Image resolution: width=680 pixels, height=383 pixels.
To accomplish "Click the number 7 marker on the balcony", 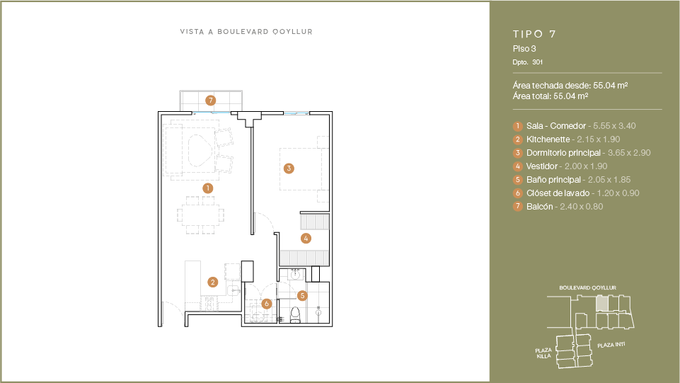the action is point(210,101).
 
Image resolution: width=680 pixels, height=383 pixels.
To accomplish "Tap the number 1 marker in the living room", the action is point(208,188).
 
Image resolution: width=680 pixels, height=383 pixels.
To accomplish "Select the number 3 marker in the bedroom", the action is point(289,168).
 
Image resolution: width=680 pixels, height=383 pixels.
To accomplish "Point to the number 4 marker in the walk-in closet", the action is point(306,238).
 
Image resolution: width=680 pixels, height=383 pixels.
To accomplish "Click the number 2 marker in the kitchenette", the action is point(212,282).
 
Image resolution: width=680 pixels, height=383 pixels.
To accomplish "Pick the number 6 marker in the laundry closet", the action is point(266,304).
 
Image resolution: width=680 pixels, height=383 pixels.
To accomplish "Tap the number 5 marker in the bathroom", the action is point(302,296).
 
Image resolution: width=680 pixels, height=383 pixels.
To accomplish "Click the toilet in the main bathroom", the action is point(295,315).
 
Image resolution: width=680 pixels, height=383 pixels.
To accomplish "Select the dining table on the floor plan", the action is point(200,215).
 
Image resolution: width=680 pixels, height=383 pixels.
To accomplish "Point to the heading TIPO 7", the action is point(534,34).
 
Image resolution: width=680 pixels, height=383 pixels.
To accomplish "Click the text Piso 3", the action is point(524,49).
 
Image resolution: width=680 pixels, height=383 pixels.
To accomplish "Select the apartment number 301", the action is point(537,62).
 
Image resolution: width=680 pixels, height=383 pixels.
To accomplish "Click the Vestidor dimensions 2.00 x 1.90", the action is point(586,166).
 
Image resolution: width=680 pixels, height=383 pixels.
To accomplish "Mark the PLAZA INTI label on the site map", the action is point(611,345).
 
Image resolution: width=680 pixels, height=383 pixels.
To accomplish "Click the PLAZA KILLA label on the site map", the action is point(543,353).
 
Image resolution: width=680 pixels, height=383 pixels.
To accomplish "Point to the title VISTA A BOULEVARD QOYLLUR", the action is point(246,32).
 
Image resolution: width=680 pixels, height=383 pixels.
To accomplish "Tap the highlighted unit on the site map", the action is point(601,303).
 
